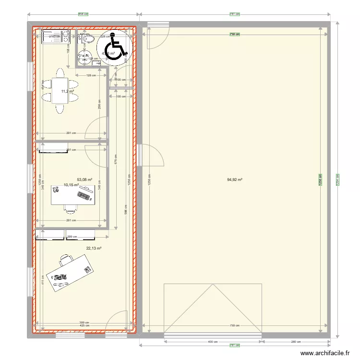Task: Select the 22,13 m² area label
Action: click(94, 248)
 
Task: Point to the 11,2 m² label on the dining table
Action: click(67, 91)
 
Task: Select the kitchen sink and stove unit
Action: click(56, 37)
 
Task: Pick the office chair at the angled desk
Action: click(66, 261)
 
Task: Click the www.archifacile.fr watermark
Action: click(325, 353)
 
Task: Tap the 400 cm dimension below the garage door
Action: click(213, 342)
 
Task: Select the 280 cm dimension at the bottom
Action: click(296, 342)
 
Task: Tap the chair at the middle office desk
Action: click(71, 209)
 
